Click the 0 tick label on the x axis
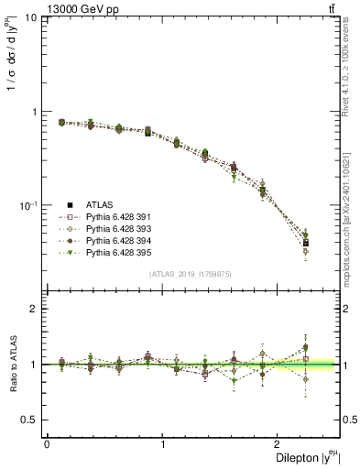[47, 444]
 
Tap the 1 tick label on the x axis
[163, 444]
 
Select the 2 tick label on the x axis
[280, 444]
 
